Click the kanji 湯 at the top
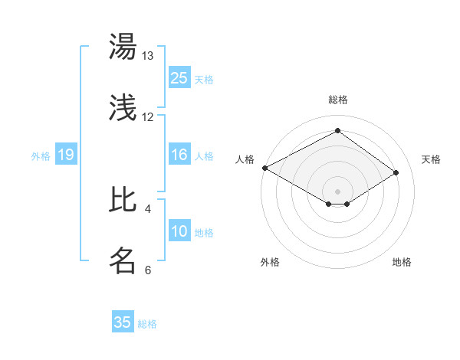tap(123, 47)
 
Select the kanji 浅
tap(123, 108)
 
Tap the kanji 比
tap(123, 199)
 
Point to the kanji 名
tap(123, 260)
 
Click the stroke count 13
tap(148, 56)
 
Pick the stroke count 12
tap(148, 117)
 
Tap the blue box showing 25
tap(179, 78)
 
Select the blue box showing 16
tap(179, 155)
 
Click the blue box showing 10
tap(179, 231)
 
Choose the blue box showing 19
tap(66, 155)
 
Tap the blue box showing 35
tap(123, 322)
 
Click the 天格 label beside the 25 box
tap(204, 79)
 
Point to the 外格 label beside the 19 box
tap(41, 155)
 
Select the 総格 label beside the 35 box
tap(147, 323)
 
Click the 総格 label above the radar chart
tap(337, 100)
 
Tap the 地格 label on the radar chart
tap(402, 262)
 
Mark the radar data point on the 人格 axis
tap(264, 168)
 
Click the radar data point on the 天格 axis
tap(396, 172)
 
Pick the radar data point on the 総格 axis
tap(337, 130)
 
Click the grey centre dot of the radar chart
tap(337, 191)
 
